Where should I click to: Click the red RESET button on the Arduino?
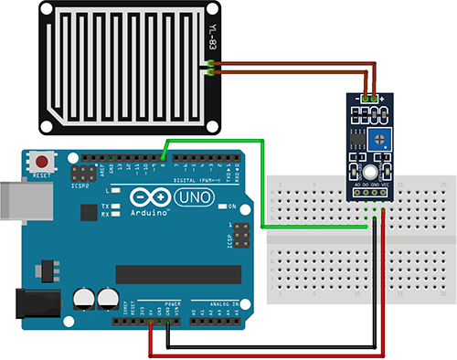point(40,158)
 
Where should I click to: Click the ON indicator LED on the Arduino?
point(220,206)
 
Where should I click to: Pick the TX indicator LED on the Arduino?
point(116,207)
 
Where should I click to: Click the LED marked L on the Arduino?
point(116,191)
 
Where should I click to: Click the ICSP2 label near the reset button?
point(80,184)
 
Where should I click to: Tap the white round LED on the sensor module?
point(369,172)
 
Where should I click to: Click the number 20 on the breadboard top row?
point(443,184)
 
